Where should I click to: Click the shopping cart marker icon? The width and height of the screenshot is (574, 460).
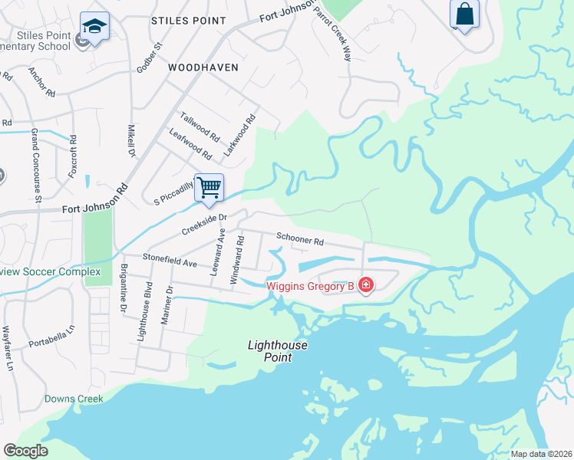click(x=209, y=186)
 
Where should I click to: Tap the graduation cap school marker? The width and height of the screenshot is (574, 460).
click(x=94, y=27)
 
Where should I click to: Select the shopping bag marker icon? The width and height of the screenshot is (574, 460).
click(x=464, y=14)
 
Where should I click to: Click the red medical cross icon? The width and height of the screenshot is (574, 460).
click(x=366, y=286)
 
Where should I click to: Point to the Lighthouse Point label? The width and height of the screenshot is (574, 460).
click(x=278, y=351)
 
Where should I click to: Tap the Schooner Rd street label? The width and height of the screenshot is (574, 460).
click(x=300, y=241)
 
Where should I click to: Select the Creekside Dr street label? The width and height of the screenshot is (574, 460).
click(x=205, y=224)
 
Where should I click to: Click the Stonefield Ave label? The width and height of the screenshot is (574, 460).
click(x=168, y=262)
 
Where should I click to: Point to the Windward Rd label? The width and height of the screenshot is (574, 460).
click(x=239, y=260)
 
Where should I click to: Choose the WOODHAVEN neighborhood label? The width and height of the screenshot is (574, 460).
click(x=203, y=67)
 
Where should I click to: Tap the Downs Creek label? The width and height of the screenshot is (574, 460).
click(x=74, y=399)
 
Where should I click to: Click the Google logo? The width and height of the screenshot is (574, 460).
click(x=25, y=451)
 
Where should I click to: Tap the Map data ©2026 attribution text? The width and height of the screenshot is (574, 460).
click(x=540, y=454)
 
